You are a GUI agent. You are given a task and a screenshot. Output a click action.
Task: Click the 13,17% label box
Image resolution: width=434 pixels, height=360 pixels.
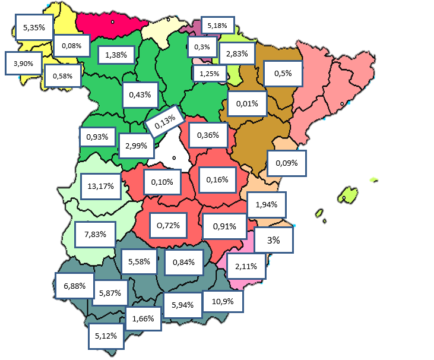(100, 186)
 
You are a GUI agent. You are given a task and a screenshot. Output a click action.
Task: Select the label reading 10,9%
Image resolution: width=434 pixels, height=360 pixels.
(223, 301)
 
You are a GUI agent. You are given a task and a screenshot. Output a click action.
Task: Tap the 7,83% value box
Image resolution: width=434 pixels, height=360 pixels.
(96, 234)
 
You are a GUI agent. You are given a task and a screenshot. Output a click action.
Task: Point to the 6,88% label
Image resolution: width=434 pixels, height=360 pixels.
(74, 286)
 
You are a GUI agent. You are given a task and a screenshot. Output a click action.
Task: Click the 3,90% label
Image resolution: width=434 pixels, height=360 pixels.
(23, 63)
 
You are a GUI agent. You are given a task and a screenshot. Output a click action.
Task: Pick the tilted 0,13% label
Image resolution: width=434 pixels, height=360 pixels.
(164, 122)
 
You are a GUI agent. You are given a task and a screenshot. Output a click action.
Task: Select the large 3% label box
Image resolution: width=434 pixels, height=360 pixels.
(273, 240)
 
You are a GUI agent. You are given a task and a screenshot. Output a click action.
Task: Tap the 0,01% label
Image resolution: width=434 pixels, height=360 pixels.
(247, 104)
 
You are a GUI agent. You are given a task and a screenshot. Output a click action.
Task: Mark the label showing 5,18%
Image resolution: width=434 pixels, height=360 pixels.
(218, 26)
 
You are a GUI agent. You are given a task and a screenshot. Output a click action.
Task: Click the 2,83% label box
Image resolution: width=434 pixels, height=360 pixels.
(237, 53)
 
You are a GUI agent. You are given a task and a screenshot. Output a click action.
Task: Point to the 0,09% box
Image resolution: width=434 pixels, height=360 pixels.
(287, 162)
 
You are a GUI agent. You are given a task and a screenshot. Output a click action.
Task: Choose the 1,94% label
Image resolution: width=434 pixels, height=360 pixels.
(267, 205)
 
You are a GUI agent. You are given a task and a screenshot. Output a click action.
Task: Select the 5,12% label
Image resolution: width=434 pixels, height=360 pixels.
(106, 336)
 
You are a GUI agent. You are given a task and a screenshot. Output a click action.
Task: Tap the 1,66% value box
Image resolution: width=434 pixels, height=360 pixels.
(143, 318)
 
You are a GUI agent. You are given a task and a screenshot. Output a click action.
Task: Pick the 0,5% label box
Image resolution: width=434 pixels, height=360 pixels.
(282, 74)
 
